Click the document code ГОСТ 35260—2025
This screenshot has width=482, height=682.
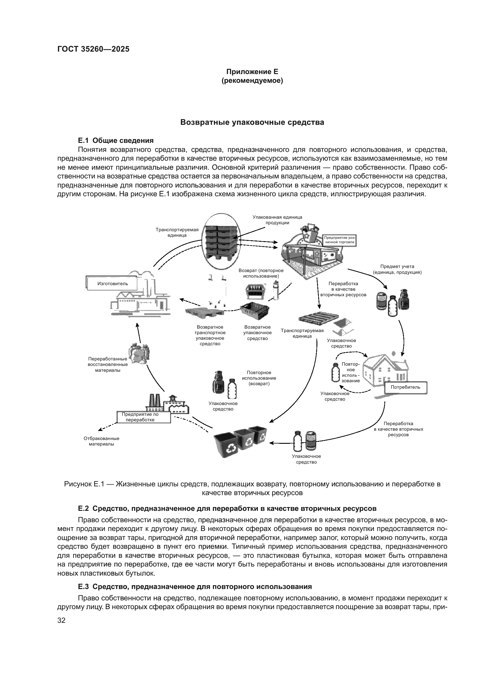pyautogui.click(x=93, y=49)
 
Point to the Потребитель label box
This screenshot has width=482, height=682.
pyautogui.click(x=405, y=387)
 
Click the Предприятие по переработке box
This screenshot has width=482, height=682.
pyautogui.click(x=144, y=417)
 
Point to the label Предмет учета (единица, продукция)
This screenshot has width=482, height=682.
pyautogui.click(x=397, y=269)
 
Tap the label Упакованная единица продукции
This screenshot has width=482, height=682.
pyautogui.click(x=277, y=220)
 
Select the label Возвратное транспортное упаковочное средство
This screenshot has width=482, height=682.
pyautogui.click(x=210, y=335)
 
